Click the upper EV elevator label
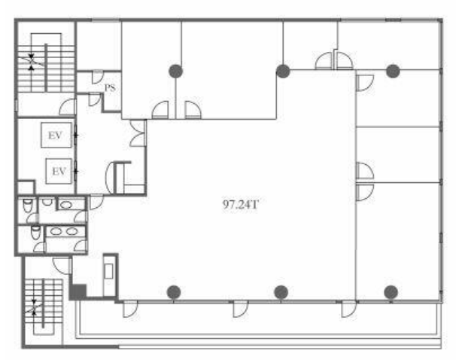tap(55, 136)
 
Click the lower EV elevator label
tap(59, 172)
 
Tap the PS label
tap(110, 87)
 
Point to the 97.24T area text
tap(240, 205)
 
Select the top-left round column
tap(175, 71)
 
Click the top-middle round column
tap(283, 71)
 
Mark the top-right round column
tap(393, 71)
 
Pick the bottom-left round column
tap(175, 292)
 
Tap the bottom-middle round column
tap(281, 292)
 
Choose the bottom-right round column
tap(391, 292)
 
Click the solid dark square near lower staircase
tap(78, 292)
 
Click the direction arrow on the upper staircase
tap(31, 62)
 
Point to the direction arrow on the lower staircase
tap(34, 307)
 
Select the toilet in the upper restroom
tap(27, 205)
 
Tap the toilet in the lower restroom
tap(35, 233)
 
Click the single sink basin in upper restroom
tap(66, 205)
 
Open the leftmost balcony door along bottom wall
tap(129, 309)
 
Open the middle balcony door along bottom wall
tap(240, 309)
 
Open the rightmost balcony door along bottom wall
tap(348, 309)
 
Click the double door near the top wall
tap(334, 60)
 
